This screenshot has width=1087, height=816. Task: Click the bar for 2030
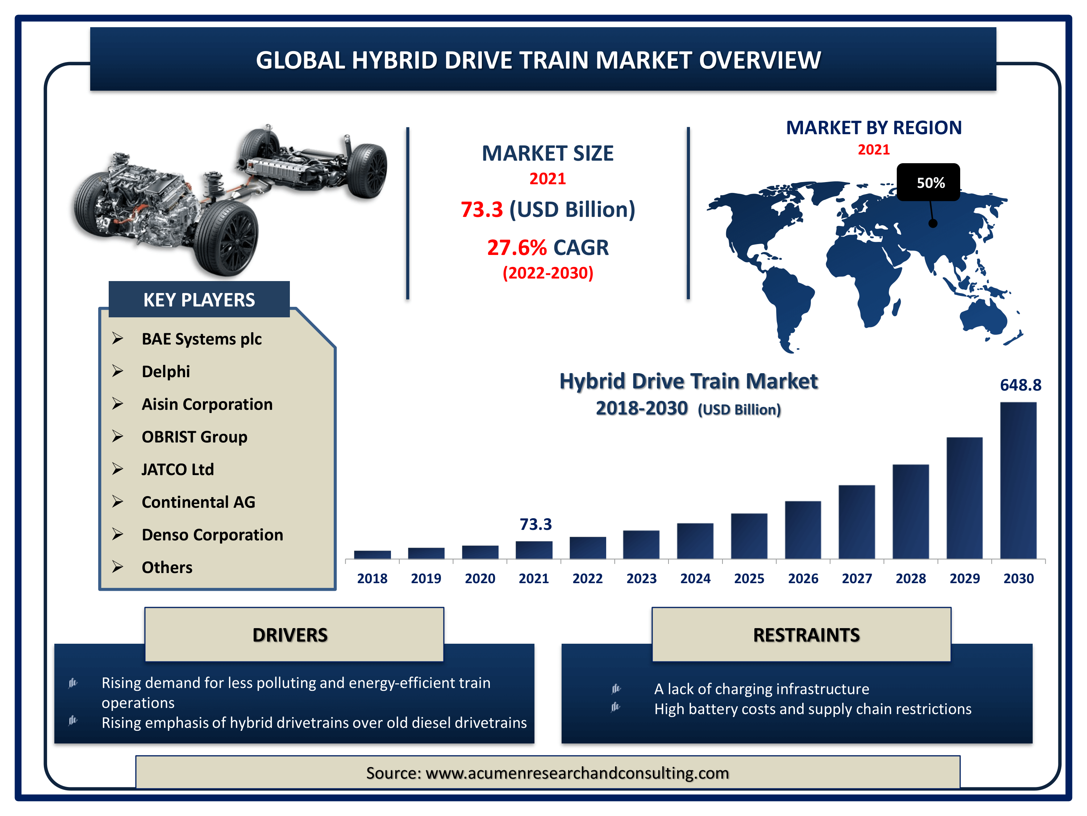(x=1018, y=480)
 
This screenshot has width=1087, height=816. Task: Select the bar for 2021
(x=534, y=550)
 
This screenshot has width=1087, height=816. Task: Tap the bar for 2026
(x=803, y=530)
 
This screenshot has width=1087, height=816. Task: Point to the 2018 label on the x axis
(x=372, y=578)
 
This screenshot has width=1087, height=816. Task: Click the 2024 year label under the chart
(x=695, y=578)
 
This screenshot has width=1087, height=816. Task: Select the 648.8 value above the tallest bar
(x=1021, y=385)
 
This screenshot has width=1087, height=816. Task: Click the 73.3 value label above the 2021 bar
(x=536, y=524)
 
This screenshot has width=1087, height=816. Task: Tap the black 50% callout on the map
(x=928, y=182)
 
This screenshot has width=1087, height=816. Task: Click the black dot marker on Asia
(x=933, y=223)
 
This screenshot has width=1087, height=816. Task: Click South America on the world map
(x=786, y=305)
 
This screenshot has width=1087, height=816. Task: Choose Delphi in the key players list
(x=166, y=371)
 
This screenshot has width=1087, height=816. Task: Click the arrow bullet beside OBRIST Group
(x=117, y=436)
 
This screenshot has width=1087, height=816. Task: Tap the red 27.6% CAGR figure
(x=516, y=247)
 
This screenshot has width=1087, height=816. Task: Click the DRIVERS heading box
(x=294, y=635)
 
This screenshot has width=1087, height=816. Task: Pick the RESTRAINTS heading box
(x=801, y=635)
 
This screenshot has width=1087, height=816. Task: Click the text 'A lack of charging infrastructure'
(x=762, y=689)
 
